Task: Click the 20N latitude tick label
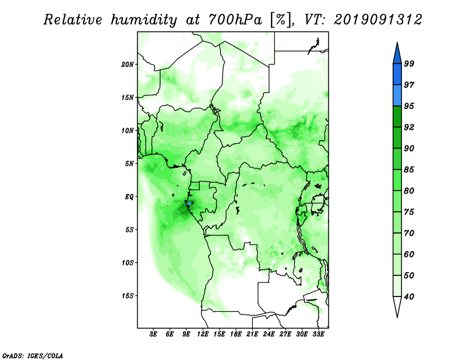pos(128,65)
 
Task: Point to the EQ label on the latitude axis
pos(129,197)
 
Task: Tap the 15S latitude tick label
pos(128,296)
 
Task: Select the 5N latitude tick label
pos(129,164)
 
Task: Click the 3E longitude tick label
pos(153,334)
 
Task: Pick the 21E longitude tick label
pos(252,334)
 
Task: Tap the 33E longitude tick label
pos(318,334)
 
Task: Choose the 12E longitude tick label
pos(202,334)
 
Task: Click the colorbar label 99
pos(409,63)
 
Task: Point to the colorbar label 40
pos(409,297)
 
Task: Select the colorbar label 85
pos(409,170)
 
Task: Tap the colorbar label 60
pos(409,254)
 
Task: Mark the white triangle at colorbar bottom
pos(397,306)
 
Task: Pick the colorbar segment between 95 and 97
pos(397,96)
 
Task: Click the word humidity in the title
pos(144,20)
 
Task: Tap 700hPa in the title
pos(235,20)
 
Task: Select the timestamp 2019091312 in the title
pos(377,20)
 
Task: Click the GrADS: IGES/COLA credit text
pos(33,355)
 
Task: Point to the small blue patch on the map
pos(189,204)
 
